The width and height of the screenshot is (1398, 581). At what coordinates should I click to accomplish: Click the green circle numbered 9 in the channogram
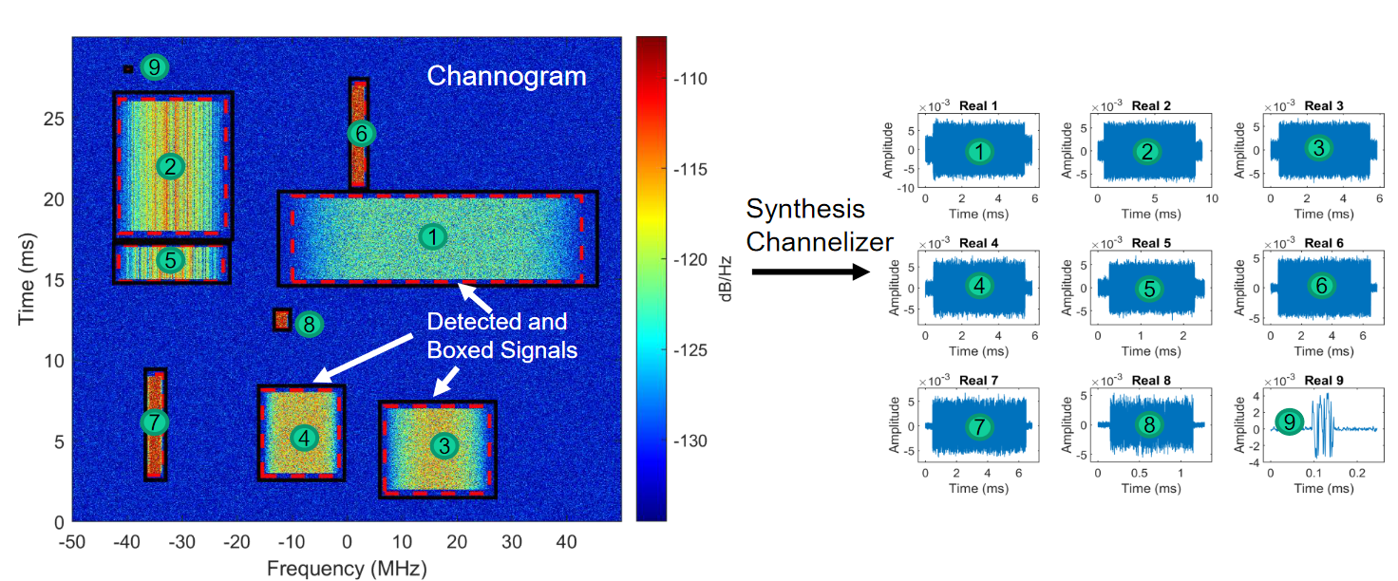coord(154,67)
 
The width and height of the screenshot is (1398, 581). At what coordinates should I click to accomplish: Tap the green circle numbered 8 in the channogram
coord(309,325)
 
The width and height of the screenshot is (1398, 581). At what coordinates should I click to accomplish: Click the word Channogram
coord(506,76)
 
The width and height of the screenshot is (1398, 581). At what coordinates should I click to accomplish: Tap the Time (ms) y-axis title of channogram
coord(27,277)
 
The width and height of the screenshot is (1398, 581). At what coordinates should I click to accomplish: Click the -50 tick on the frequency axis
coord(72,541)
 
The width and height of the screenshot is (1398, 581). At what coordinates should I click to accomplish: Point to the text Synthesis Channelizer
coord(805,225)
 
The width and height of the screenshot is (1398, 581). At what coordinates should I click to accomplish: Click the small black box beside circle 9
coord(127,68)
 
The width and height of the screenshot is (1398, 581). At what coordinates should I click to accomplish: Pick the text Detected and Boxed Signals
coord(497,334)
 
